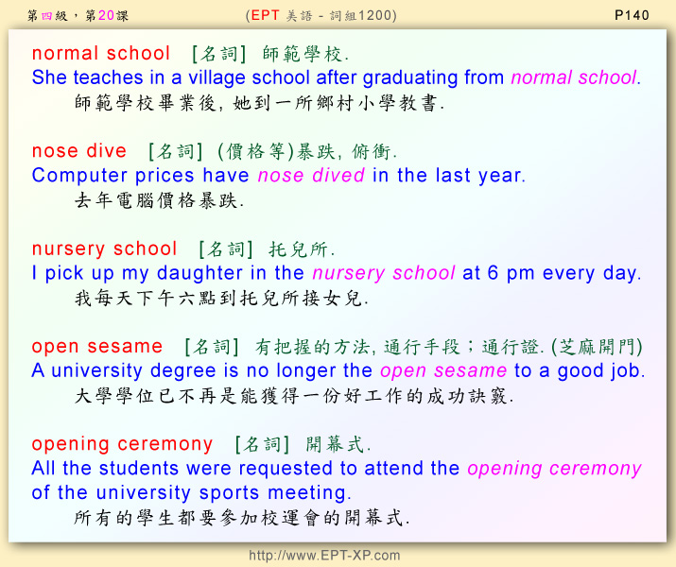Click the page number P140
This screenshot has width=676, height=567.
(x=632, y=15)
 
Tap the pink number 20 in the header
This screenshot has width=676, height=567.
(x=106, y=15)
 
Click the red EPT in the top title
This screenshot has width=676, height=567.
(x=265, y=15)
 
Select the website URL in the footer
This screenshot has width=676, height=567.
(x=324, y=555)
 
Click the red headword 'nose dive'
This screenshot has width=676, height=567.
(x=79, y=151)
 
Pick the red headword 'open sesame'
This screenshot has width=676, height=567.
(x=97, y=347)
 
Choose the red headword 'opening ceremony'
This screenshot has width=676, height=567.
(x=122, y=444)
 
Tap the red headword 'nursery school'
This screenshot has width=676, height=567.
(x=104, y=249)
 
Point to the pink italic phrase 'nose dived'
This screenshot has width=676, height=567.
(x=311, y=176)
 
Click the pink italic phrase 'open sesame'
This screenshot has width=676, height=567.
(x=443, y=371)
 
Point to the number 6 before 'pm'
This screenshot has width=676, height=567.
(x=493, y=273)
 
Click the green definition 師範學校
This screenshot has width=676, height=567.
(x=302, y=54)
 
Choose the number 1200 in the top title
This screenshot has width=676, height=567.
(x=373, y=15)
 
